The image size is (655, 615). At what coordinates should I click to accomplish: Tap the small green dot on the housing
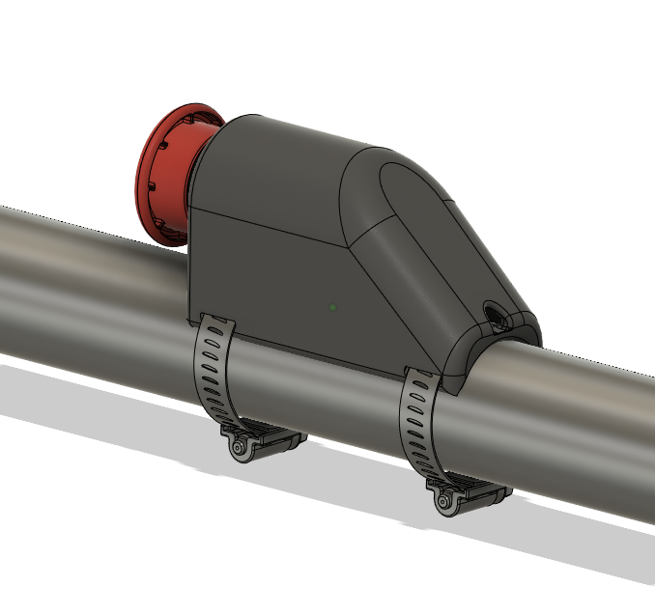[332, 308]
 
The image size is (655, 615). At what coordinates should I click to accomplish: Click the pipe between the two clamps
[319, 396]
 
